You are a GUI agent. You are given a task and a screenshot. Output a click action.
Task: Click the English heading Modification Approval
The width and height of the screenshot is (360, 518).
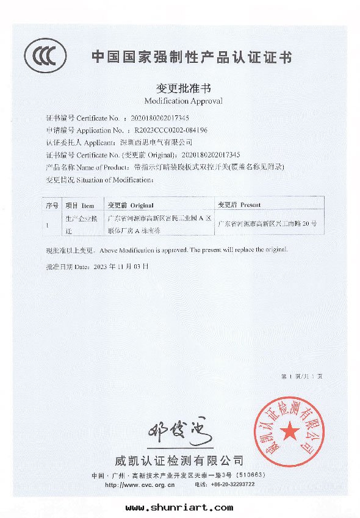(x=184, y=100)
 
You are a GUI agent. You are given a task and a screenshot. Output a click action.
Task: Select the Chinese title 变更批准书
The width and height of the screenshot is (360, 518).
(x=184, y=88)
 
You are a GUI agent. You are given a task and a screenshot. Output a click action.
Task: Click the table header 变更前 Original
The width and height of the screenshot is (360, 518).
(x=130, y=206)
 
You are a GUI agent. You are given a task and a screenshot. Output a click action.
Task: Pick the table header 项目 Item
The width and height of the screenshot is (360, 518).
(x=79, y=206)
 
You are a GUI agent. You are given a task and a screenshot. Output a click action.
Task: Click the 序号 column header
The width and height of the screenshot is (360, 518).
(x=52, y=206)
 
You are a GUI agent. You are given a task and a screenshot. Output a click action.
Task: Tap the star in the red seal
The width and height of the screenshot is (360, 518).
(x=290, y=432)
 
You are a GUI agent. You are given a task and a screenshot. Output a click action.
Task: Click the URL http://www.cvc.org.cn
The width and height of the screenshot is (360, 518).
(x=140, y=484)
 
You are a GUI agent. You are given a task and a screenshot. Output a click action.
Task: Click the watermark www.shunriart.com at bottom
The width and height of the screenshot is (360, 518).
(x=179, y=507)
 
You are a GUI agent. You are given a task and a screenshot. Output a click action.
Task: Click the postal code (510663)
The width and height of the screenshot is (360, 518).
(x=250, y=475)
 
